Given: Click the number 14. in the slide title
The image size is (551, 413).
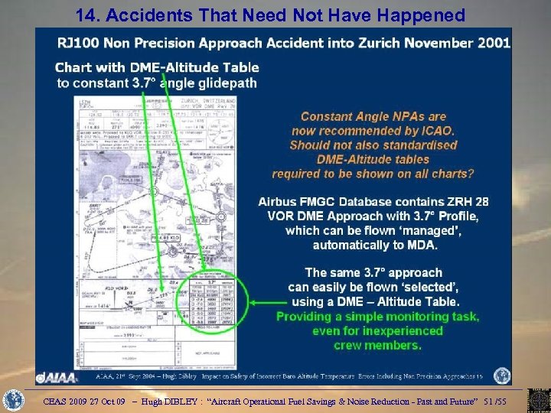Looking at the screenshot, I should pos(88,15).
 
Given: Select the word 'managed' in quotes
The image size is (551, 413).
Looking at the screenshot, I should pos(435,230).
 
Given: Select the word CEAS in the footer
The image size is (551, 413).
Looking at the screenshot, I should pos(57,401).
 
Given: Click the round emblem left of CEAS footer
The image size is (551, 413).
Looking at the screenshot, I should pos(15,401).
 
